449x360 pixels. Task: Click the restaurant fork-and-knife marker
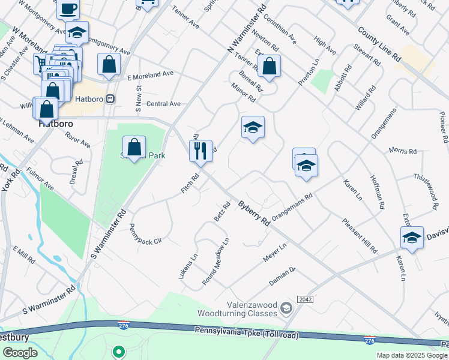tap(200, 151)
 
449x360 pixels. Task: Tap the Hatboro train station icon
tap(110, 98)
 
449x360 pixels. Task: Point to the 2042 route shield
tap(305, 299)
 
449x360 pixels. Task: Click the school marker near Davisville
tap(412, 238)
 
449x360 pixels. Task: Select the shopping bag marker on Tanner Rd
tap(270, 67)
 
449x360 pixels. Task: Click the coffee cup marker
tap(68, 8)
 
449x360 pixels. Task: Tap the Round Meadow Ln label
tap(216, 262)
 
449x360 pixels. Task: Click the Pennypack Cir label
tap(146, 234)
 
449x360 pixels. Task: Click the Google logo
tap(20, 353)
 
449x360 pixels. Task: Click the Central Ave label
tap(163, 104)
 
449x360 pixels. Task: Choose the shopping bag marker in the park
tap(134, 148)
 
